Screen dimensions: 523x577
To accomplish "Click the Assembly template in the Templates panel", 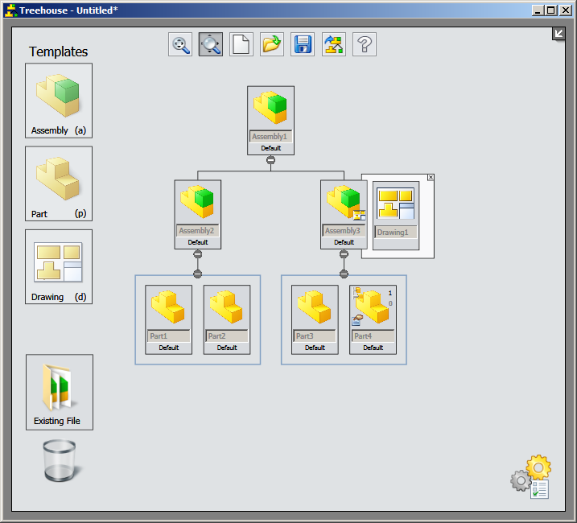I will (59, 101).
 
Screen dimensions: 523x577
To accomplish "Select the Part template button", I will (59, 183).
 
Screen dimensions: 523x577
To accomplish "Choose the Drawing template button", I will (59, 266).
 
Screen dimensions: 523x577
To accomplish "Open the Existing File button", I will (59, 392).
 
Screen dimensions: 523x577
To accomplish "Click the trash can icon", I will (59, 461).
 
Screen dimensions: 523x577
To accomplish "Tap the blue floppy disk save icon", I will (303, 44).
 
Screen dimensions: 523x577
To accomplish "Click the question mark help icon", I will (365, 44).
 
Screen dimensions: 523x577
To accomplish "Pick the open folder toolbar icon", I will (272, 44).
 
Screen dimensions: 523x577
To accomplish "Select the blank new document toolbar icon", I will (241, 44).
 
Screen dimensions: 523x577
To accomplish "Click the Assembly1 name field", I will (270, 137).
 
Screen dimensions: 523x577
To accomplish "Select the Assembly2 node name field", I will (198, 231).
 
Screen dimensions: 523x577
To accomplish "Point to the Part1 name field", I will (168, 336).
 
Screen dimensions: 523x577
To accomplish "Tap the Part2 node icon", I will (226, 307).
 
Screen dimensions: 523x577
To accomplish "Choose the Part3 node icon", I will (315, 307).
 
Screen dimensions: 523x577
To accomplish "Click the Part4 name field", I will (373, 336).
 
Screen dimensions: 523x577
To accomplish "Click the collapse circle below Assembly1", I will (271, 159).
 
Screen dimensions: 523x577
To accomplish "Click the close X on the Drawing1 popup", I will (431, 177).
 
